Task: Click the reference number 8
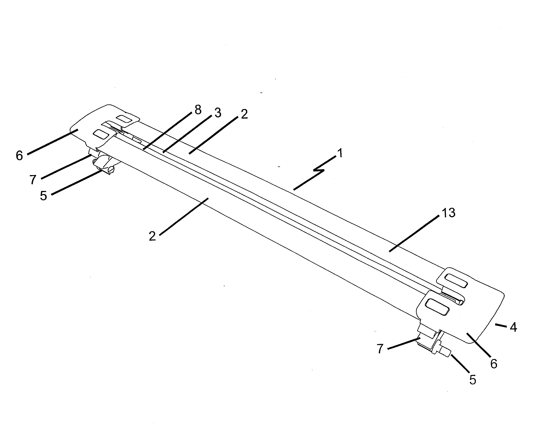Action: [198, 110]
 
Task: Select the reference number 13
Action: [448, 213]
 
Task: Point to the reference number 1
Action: [340, 153]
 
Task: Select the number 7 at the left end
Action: [33, 180]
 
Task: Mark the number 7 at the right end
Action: [380, 349]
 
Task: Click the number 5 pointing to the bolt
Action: [473, 380]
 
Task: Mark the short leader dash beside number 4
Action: [501, 325]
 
